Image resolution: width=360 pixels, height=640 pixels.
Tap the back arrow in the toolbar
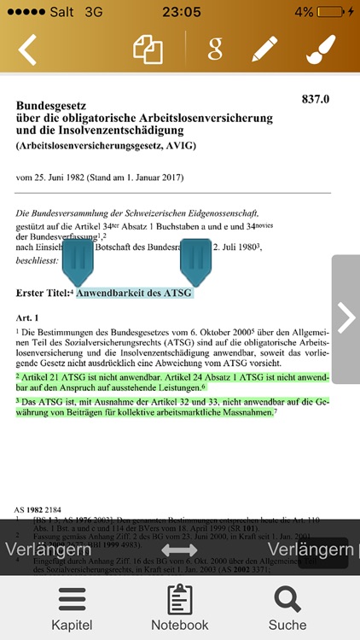click(x=27, y=49)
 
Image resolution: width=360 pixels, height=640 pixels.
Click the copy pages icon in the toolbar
click(x=148, y=49)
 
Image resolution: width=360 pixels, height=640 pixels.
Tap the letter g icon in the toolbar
click(x=214, y=49)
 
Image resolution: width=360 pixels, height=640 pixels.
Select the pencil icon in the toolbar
click(x=265, y=49)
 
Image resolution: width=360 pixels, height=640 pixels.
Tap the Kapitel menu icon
click(x=72, y=598)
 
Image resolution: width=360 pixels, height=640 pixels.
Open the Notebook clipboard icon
click(x=179, y=598)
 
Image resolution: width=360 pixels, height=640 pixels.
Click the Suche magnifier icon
click(x=287, y=598)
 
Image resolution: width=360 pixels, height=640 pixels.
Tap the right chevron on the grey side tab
click(x=345, y=318)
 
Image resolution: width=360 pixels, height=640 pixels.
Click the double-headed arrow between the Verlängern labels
click(x=179, y=550)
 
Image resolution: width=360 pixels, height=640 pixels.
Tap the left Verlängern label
click(x=48, y=550)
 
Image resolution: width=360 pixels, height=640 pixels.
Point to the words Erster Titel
click(x=42, y=294)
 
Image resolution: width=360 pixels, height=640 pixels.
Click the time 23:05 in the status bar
click(x=180, y=12)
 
